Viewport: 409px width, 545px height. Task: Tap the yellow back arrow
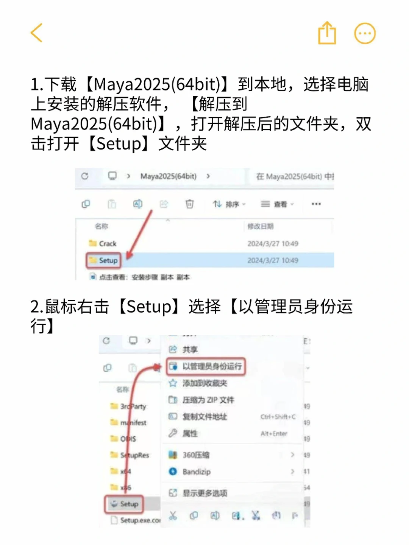tap(37, 33)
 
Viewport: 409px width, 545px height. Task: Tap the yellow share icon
tap(327, 33)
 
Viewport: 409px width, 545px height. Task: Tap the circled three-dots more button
tap(365, 33)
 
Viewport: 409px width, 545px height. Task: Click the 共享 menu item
tap(190, 349)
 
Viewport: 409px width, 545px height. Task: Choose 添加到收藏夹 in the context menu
tap(204, 383)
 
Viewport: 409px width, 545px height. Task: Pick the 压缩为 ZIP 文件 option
tap(208, 400)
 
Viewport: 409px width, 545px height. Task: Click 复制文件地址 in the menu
tap(204, 417)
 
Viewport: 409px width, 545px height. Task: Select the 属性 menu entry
tap(190, 434)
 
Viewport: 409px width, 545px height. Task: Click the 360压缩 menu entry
tap(196, 455)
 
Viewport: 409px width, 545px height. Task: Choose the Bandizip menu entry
tap(196, 472)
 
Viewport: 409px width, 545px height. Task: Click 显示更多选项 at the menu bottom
tap(204, 493)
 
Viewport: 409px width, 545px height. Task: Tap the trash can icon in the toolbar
tap(189, 204)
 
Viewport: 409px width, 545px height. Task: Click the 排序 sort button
tap(229, 204)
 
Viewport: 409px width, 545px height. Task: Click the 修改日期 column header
tap(261, 226)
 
